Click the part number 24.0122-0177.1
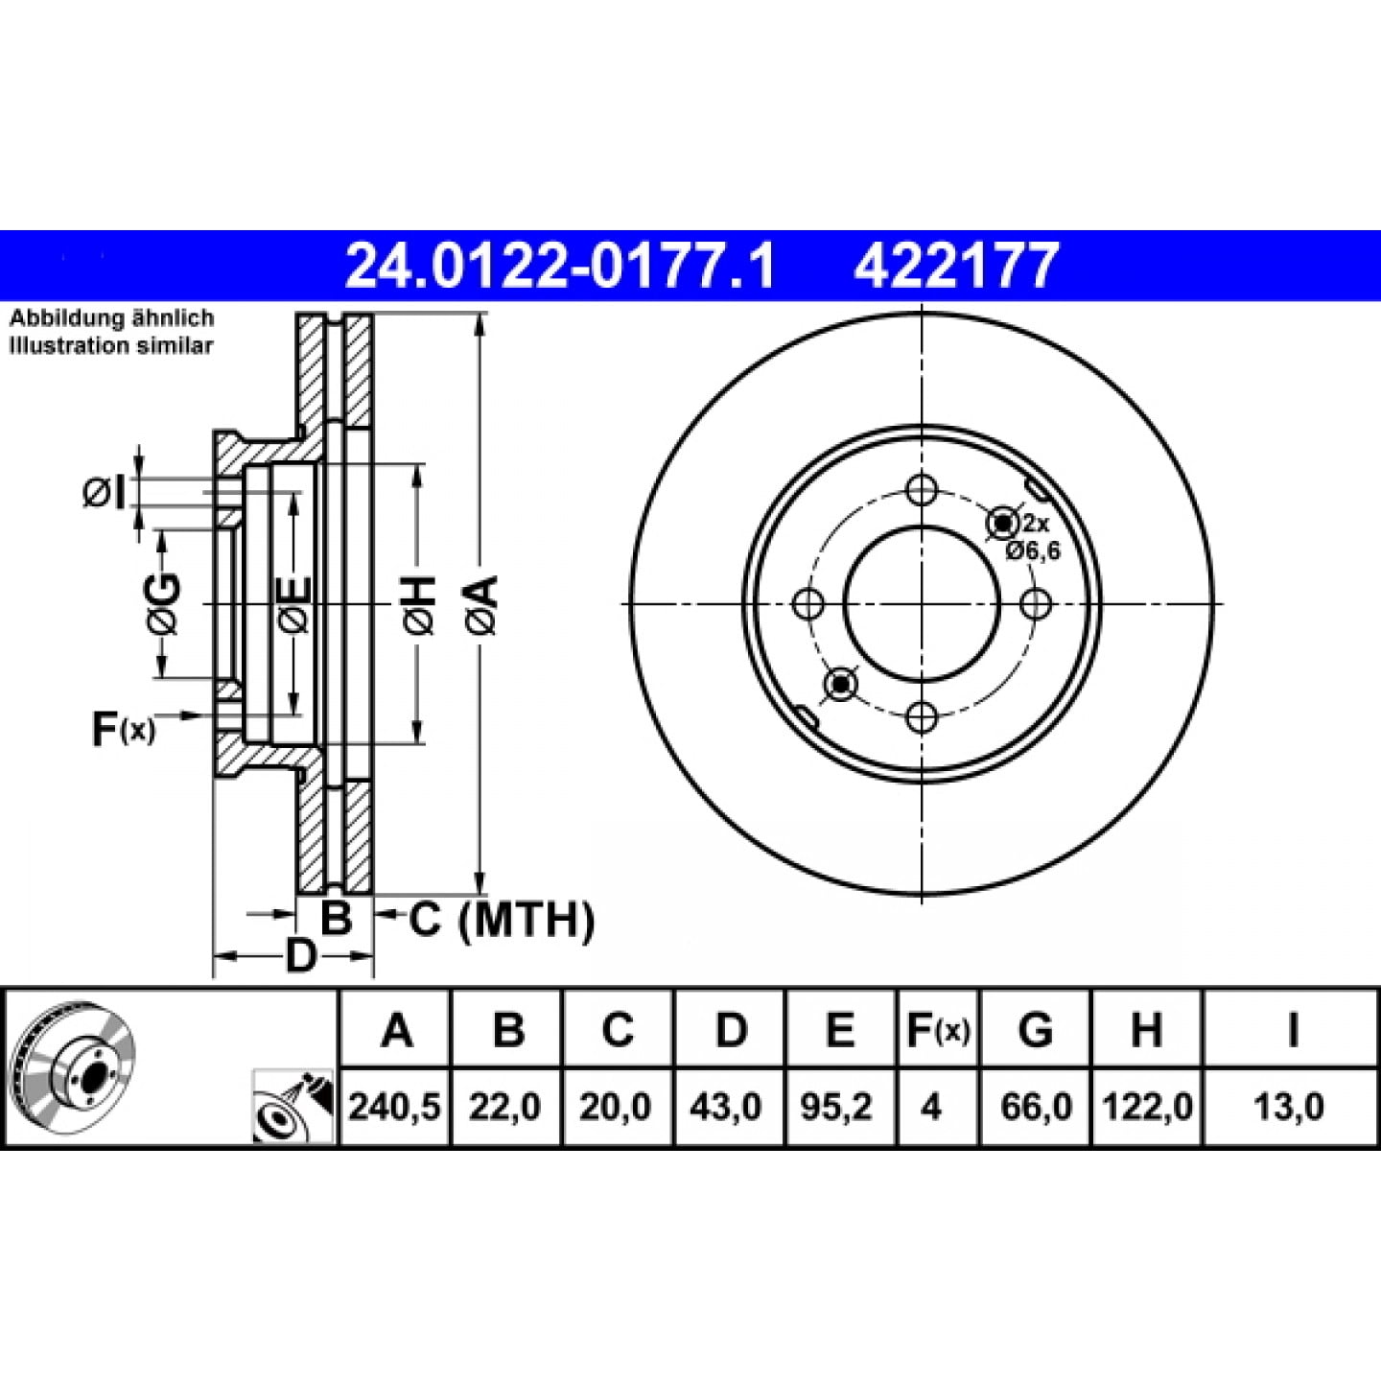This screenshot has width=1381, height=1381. pyautogui.click(x=559, y=265)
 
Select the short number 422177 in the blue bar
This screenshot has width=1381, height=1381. pyautogui.click(x=956, y=265)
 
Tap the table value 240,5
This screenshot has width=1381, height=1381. pyautogui.click(x=395, y=1108)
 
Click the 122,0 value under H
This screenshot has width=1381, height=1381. pyautogui.click(x=1147, y=1108)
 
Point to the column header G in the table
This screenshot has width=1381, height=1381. pyautogui.click(x=1036, y=1030)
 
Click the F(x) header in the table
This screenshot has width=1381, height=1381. pyautogui.click(x=938, y=1030)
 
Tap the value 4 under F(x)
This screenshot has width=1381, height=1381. pyautogui.click(x=931, y=1108)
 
